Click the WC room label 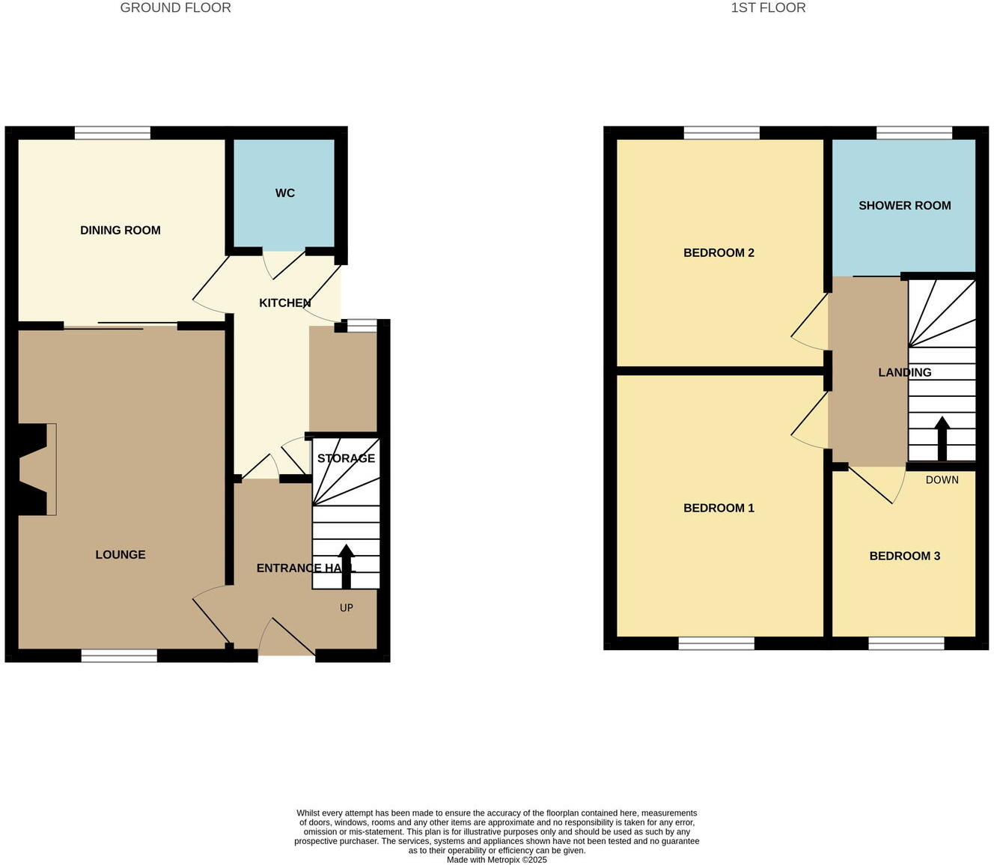point(284,193)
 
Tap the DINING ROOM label point(121,231)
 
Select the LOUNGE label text point(121,555)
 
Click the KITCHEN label point(284,303)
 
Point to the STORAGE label point(346,458)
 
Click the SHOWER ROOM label point(904,206)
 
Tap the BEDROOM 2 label point(719,253)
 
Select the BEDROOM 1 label point(719,509)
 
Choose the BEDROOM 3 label point(904,556)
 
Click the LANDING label point(904,373)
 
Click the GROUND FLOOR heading point(175,8)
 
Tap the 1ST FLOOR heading point(768,8)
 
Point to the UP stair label point(346,608)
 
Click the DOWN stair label point(942,480)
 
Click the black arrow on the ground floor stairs point(346,565)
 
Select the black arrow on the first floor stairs point(942,438)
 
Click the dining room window point(112,133)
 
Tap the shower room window point(914,133)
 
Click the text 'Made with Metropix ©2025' point(496,860)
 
